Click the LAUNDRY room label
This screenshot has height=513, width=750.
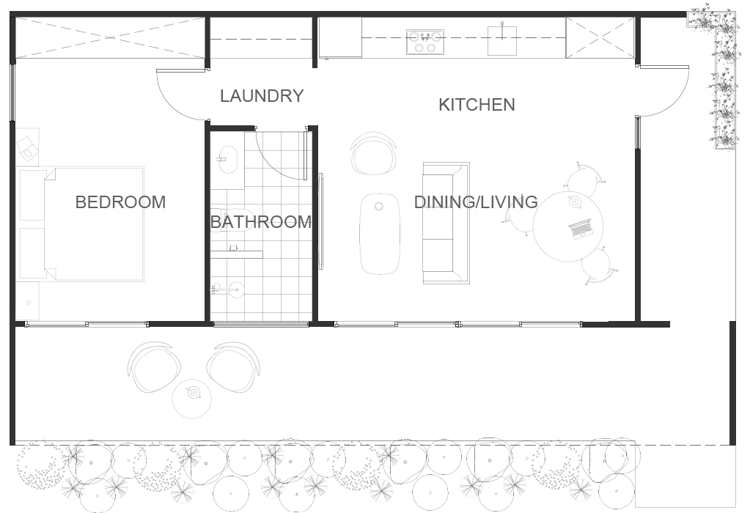pyautogui.click(x=262, y=95)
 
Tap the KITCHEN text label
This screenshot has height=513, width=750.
pyautogui.click(x=477, y=105)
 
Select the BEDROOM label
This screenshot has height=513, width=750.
pyautogui.click(x=120, y=202)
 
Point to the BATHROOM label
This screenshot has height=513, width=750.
pyautogui.click(x=261, y=222)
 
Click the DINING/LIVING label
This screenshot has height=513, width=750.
pyautogui.click(x=476, y=202)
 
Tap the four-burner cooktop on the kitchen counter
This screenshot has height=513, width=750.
pyautogui.click(x=425, y=42)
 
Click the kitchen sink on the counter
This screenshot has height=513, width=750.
pyautogui.click(x=503, y=40)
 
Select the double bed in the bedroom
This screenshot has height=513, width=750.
pyautogui.click(x=81, y=224)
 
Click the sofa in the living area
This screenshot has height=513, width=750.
pyautogui.click(x=446, y=224)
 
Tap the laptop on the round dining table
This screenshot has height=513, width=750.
pyautogui.click(x=580, y=229)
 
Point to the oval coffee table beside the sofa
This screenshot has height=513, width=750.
pyautogui.click(x=380, y=234)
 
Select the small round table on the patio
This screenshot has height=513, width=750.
pyautogui.click(x=192, y=399)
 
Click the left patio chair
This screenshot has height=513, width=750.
pyautogui.click(x=154, y=366)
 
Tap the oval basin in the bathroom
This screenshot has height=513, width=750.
pyautogui.click(x=228, y=158)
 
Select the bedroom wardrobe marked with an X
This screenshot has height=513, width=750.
pyautogui.click(x=111, y=38)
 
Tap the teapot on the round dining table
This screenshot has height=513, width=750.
pyautogui.click(x=574, y=202)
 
